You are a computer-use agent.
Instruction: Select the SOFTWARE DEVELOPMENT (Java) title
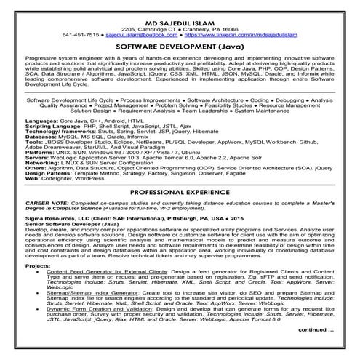(179, 46)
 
